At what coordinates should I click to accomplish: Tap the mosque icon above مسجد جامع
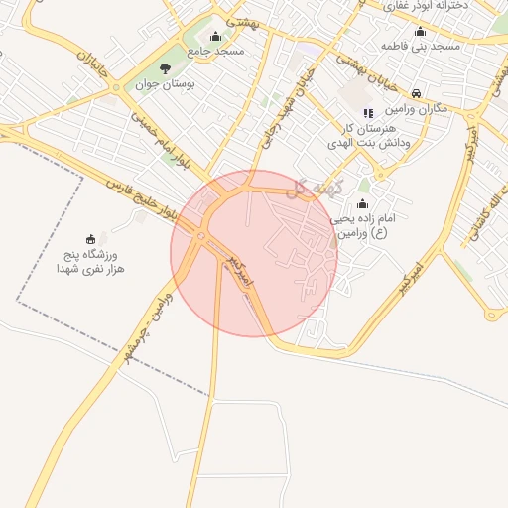(x=215, y=36)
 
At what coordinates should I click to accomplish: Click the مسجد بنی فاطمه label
(x=421, y=46)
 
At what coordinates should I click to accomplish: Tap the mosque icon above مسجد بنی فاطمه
(x=421, y=31)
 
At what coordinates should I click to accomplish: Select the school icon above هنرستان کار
(x=368, y=113)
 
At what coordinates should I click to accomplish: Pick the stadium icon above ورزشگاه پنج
(x=91, y=239)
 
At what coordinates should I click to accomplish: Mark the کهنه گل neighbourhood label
(x=310, y=188)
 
